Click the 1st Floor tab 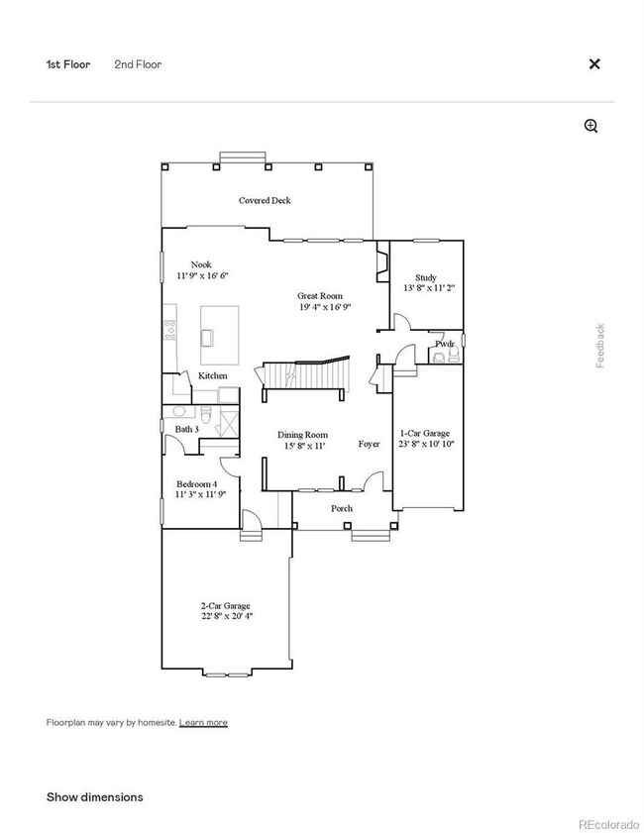coord(68,64)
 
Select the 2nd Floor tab coord(138,64)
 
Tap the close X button coord(594,64)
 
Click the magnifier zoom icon coord(591,126)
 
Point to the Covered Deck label coord(265,200)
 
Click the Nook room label coord(201,264)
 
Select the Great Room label coord(320,295)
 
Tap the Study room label coord(427,277)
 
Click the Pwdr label coord(445,344)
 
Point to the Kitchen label coord(213,375)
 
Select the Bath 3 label coord(187,429)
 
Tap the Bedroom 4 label coord(196,483)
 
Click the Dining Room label coord(302,435)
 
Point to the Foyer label coord(369,444)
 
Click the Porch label coord(341,508)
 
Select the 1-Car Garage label coord(424,433)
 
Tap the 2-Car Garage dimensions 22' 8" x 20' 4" coord(224,616)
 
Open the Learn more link coord(203,722)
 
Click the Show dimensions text coord(95,796)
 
